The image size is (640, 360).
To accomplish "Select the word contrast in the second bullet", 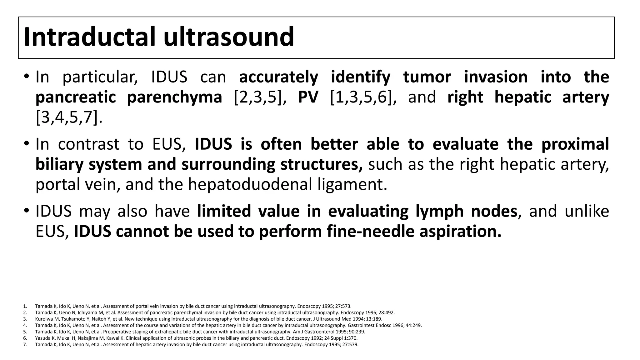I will pyautogui.click(x=88, y=144).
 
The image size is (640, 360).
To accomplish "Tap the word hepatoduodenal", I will pyautogui.click(x=250, y=184).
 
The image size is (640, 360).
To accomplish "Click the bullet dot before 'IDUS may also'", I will pyautogui.click(x=26, y=210).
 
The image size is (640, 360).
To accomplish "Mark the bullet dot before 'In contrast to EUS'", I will pyautogui.click(x=26, y=143).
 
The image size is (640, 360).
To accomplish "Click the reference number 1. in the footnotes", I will pyautogui.click(x=25, y=306).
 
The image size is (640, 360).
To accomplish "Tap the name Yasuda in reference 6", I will pyautogui.click(x=42, y=338).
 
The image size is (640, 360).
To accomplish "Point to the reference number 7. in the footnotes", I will pyautogui.click(x=25, y=345).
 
